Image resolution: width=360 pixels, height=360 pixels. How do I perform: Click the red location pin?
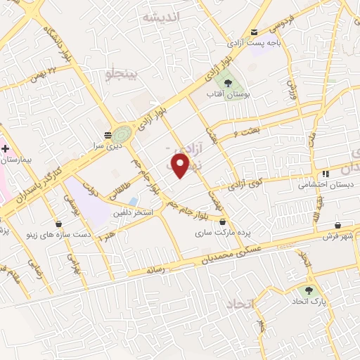[x=181, y=166]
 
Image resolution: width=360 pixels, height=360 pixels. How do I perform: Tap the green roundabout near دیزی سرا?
[x=122, y=132]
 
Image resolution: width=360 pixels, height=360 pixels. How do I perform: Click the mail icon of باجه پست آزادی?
[x=254, y=32]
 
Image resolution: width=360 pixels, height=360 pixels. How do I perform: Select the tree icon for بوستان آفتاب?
[x=229, y=82]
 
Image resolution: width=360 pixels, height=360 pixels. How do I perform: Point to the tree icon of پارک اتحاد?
[x=307, y=290]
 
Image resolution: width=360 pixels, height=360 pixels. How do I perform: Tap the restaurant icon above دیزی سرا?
[x=108, y=134]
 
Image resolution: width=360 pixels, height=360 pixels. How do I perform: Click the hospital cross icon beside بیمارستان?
[x=5, y=149]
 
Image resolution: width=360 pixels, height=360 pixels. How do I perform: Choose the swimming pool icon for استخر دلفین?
[x=134, y=201]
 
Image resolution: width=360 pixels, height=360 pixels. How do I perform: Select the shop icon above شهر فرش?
[x=338, y=225]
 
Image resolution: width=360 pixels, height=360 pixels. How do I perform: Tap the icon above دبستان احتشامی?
[x=324, y=174]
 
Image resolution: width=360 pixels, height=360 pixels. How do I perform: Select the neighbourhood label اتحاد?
[x=241, y=304]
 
